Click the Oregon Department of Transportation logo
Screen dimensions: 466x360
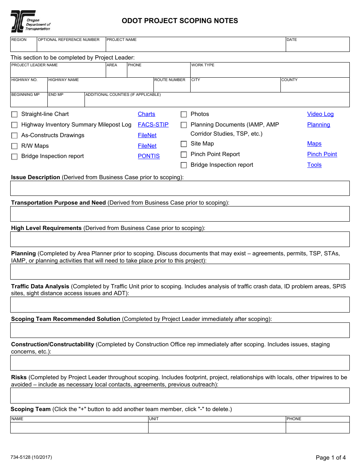[30, 21]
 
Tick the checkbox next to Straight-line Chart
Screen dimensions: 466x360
[14, 114]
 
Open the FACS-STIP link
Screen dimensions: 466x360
[153, 125]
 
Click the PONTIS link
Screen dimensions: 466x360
[149, 156]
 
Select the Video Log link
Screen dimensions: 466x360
[320, 114]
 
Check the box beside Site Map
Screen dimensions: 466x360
[184, 144]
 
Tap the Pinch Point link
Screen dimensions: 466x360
[322, 154]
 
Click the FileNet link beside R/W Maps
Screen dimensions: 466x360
[147, 146]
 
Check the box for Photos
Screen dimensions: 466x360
[184, 114]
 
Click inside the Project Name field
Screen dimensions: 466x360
[195, 46]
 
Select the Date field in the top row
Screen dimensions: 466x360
[317, 46]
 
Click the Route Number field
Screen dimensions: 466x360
[171, 87]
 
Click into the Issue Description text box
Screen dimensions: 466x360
[180, 188]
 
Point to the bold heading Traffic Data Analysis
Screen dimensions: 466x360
[40, 286]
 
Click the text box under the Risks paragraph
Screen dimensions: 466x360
[180, 396]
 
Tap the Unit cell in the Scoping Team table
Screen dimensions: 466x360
[217, 428]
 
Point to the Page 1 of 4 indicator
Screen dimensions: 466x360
[330, 457]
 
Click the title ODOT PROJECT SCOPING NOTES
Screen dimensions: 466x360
[180, 21]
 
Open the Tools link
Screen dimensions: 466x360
[314, 165]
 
